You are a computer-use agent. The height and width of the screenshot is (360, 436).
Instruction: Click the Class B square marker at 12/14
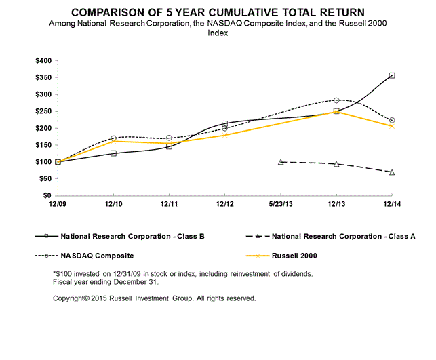pos(392,75)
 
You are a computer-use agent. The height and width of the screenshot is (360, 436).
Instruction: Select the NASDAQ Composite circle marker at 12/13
pos(336,100)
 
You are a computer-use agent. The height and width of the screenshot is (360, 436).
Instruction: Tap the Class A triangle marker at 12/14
pos(392,172)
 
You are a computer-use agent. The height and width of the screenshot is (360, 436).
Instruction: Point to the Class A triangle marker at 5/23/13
pos(281,162)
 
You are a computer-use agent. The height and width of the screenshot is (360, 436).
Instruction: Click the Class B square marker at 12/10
pos(113,153)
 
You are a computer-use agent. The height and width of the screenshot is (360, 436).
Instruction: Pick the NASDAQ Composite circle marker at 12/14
pos(392,120)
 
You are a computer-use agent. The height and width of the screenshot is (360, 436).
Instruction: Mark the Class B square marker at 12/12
pos(224,124)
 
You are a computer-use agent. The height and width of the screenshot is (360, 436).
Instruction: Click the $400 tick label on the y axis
pos(42,60)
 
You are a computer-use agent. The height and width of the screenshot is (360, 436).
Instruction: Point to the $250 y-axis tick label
pos(42,111)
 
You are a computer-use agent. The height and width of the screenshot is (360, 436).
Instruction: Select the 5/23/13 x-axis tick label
pos(280,203)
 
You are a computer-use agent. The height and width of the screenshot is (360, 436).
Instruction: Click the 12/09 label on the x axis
pos(58,203)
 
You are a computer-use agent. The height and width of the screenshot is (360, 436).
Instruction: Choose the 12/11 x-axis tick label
pos(169,203)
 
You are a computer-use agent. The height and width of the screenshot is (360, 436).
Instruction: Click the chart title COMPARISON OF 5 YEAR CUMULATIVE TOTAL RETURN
pos(217,13)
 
